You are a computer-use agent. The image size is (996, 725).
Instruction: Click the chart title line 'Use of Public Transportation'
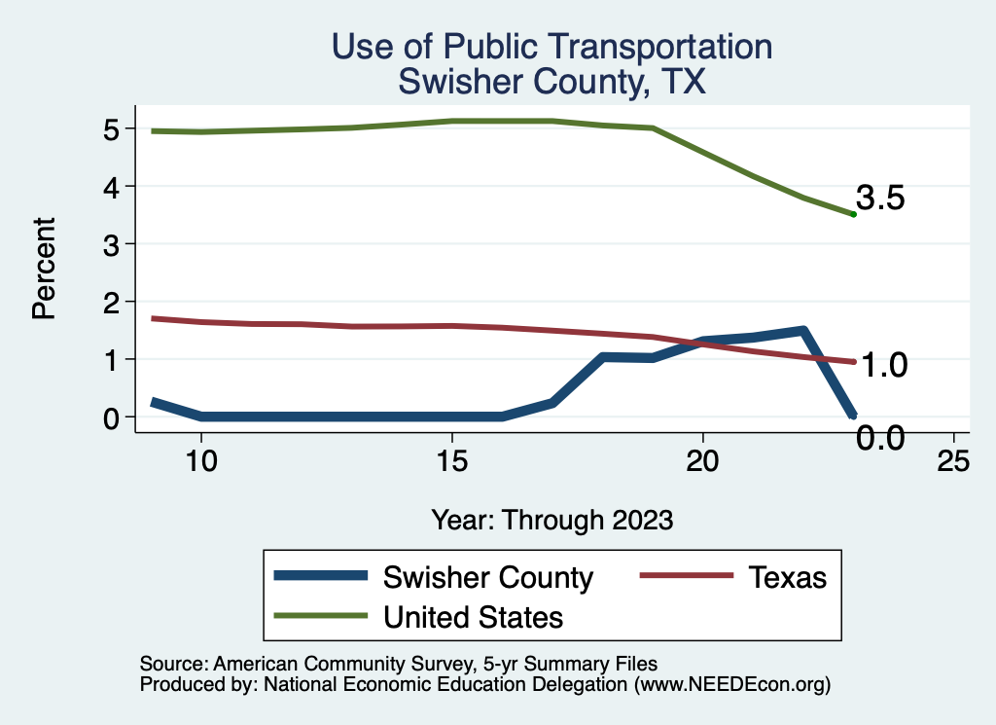click(x=551, y=48)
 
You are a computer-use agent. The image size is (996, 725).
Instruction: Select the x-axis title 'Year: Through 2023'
click(x=552, y=520)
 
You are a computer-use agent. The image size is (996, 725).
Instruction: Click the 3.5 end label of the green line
click(x=881, y=199)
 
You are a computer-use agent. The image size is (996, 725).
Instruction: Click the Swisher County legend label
click(x=488, y=577)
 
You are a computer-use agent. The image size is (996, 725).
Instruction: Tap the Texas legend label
click(x=787, y=577)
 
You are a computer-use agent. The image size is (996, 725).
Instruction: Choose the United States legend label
click(x=474, y=617)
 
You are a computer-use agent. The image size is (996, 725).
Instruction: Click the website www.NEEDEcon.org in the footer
click(x=730, y=684)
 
